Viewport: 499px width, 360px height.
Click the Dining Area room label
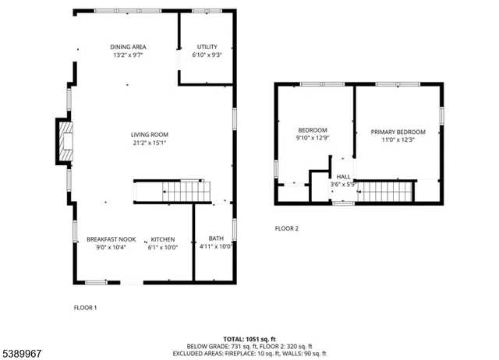point(128,48)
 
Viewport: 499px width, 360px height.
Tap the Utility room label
point(207,48)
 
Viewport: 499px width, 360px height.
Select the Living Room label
point(149,135)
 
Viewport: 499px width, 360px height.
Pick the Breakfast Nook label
point(111,239)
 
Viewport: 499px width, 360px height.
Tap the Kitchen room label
point(162,239)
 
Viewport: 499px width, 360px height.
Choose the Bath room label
point(215,239)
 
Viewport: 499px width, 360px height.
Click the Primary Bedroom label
point(398,132)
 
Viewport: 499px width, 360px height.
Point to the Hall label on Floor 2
point(343,178)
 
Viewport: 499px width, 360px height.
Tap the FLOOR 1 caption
point(85,308)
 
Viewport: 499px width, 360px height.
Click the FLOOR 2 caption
point(286,228)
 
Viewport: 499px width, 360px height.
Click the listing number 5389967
point(23,353)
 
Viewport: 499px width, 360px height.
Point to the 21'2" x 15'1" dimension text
point(149,143)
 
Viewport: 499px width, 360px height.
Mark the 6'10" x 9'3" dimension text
point(207,55)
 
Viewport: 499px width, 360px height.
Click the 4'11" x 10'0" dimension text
point(215,248)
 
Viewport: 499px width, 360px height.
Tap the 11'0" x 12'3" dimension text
point(398,140)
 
